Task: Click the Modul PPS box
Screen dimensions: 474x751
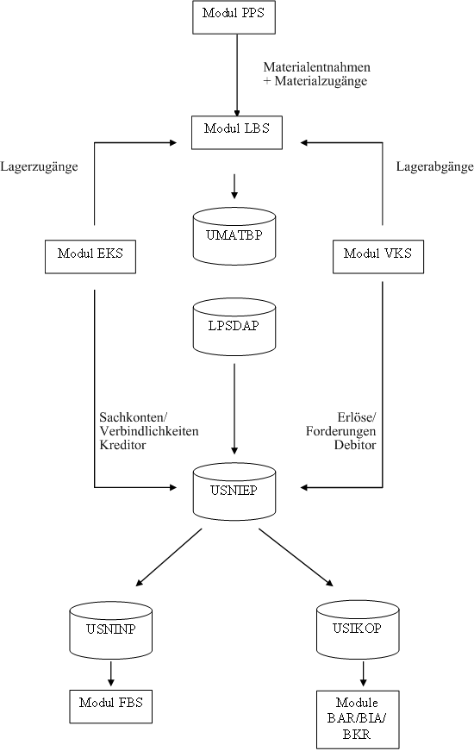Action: (234, 17)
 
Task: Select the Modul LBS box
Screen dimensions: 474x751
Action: (236, 133)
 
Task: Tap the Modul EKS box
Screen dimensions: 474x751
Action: (90, 257)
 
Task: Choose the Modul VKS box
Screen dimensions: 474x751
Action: (378, 257)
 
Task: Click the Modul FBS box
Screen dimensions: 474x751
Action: (111, 706)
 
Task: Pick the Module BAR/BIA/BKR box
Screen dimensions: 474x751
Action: (358, 719)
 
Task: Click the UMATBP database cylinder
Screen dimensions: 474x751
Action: (234, 236)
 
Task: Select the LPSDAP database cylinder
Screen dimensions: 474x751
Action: (234, 327)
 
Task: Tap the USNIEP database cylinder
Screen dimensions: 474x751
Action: (234, 491)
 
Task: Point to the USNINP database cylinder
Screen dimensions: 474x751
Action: (111, 629)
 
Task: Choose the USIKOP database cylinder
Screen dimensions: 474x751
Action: (358, 629)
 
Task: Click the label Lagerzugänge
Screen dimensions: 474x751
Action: (40, 167)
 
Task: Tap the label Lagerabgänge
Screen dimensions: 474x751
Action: (434, 167)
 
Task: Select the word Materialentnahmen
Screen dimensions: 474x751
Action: (317, 66)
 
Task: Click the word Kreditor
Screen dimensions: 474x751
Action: (122, 445)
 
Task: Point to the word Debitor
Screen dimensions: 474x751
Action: (355, 445)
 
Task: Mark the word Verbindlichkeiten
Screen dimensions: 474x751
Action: (149, 431)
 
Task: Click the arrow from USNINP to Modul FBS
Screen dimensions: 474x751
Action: (111, 674)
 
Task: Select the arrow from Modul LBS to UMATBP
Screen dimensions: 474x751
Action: (234, 186)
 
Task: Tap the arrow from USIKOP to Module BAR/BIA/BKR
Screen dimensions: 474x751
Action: (363, 674)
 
